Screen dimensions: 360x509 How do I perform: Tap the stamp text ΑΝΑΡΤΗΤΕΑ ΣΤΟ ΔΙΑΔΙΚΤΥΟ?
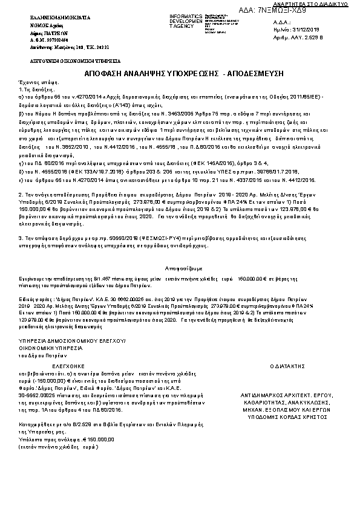click(323, 4)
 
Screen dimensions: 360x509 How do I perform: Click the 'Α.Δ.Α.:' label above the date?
click(283, 21)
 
